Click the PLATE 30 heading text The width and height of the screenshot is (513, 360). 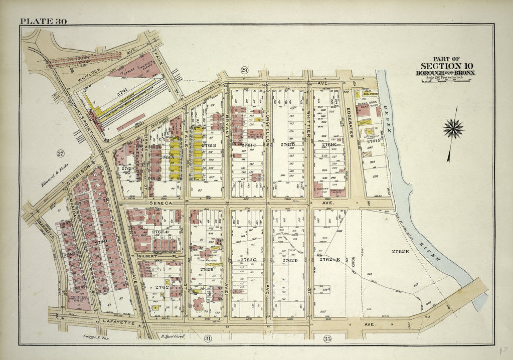[43, 21]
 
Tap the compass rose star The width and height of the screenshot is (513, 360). [453, 129]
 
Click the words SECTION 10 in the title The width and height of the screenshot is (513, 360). [446, 66]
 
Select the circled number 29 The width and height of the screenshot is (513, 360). [244, 70]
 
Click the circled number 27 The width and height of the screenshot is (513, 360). [61, 153]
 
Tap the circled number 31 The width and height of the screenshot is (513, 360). [208, 339]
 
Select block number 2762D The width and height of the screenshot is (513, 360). [290, 260]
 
